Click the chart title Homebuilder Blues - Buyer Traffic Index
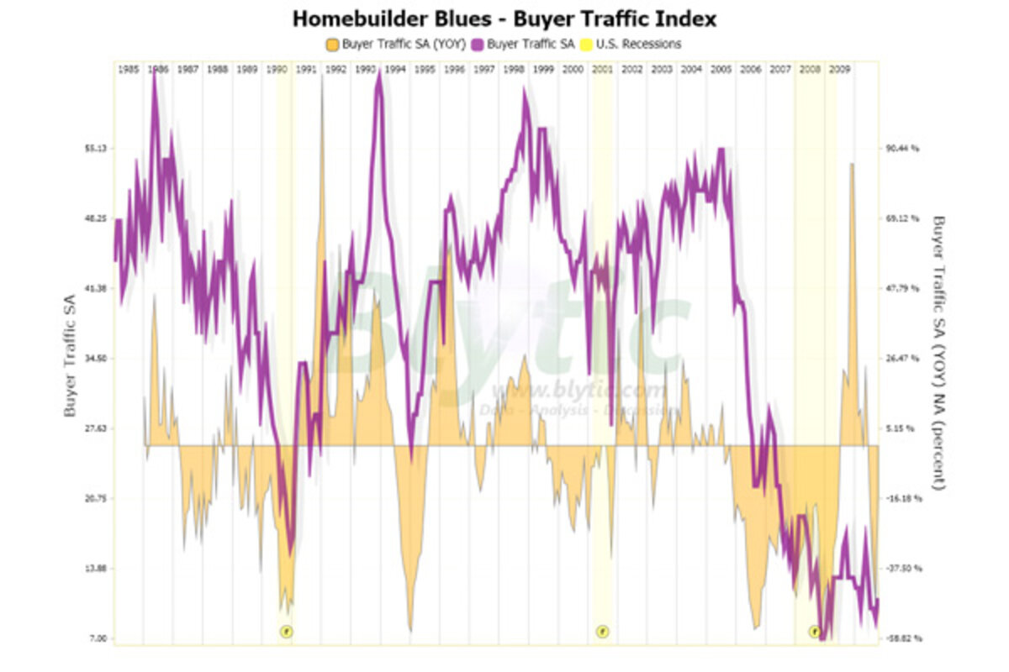(x=504, y=18)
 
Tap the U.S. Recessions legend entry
(x=638, y=43)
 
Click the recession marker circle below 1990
(x=286, y=631)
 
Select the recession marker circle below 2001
(x=602, y=631)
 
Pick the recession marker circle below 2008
(x=815, y=631)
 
